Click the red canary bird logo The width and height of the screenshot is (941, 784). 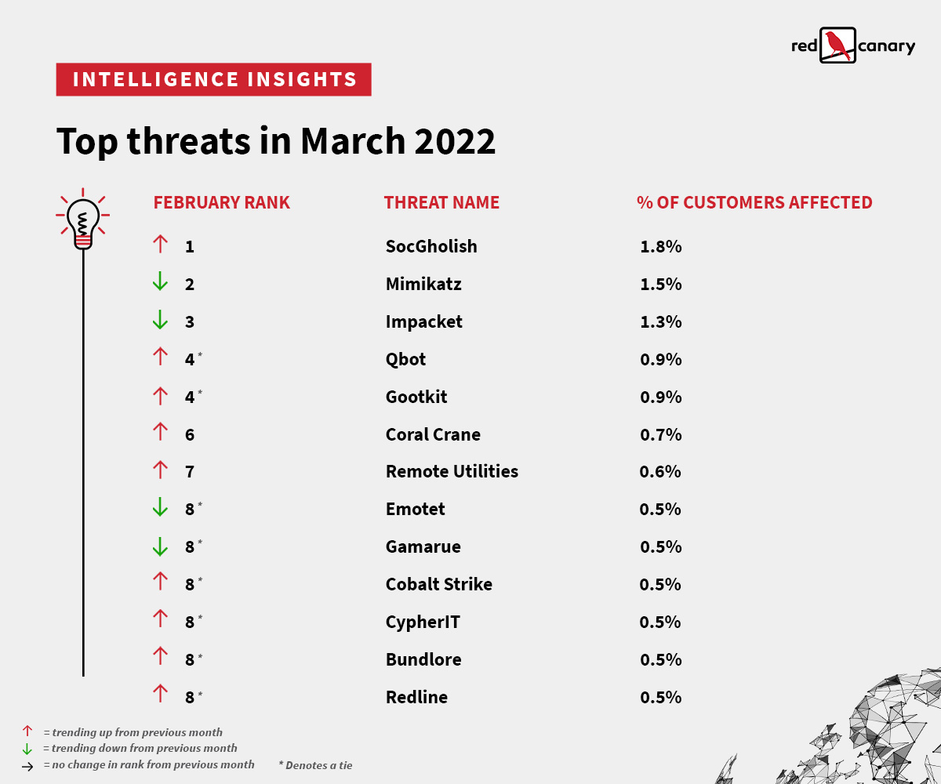838,45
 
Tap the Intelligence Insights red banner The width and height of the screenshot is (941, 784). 213,79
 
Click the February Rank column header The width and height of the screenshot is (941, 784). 221,202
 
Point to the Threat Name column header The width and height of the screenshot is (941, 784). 441,202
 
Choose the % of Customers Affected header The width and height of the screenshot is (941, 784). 754,202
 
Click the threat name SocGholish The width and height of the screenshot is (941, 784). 431,246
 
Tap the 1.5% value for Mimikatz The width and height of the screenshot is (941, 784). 660,284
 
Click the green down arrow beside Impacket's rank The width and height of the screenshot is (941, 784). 160,321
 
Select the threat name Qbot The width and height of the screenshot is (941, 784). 405,359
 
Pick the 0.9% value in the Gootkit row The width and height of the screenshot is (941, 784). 660,397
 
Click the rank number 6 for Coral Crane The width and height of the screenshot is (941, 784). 190,434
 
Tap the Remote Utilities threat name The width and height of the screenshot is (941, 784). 452,471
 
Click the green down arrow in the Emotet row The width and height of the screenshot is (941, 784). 160,508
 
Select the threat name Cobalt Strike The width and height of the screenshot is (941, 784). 438,584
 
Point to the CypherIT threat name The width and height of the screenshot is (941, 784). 423,622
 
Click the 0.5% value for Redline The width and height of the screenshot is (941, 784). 660,697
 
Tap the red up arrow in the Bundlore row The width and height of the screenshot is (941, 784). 160,659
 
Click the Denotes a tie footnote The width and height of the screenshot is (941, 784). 315,765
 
